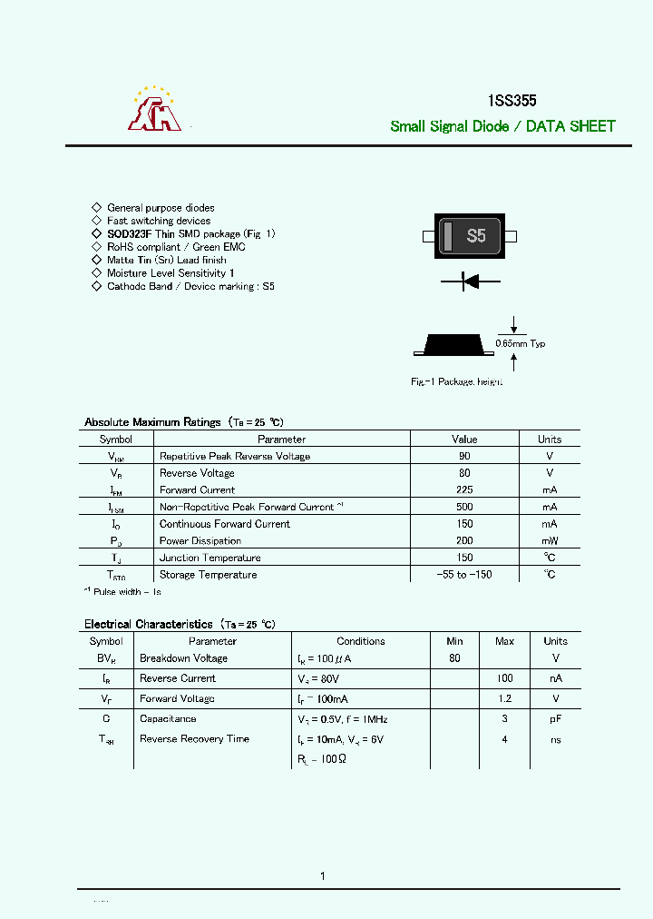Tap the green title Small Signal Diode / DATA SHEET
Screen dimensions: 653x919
(502, 126)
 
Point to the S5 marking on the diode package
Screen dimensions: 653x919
(476, 237)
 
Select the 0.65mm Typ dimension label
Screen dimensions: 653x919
(521, 343)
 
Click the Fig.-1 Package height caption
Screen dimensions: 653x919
(456, 382)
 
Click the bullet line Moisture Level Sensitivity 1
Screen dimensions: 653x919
(171, 272)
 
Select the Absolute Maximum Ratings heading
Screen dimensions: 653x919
(152, 422)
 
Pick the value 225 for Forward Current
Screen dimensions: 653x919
(464, 489)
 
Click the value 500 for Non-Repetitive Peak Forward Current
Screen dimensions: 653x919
(464, 507)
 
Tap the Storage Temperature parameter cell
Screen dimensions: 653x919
(208, 575)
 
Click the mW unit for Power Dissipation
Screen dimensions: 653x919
(550, 540)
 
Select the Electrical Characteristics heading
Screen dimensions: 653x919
(149, 624)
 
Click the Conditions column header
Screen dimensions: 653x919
(361, 641)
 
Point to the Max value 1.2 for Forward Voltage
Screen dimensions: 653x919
(505, 698)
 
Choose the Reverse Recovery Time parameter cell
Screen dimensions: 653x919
(194, 738)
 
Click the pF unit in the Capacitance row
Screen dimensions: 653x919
(556, 718)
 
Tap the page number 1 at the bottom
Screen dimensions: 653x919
(323, 875)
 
